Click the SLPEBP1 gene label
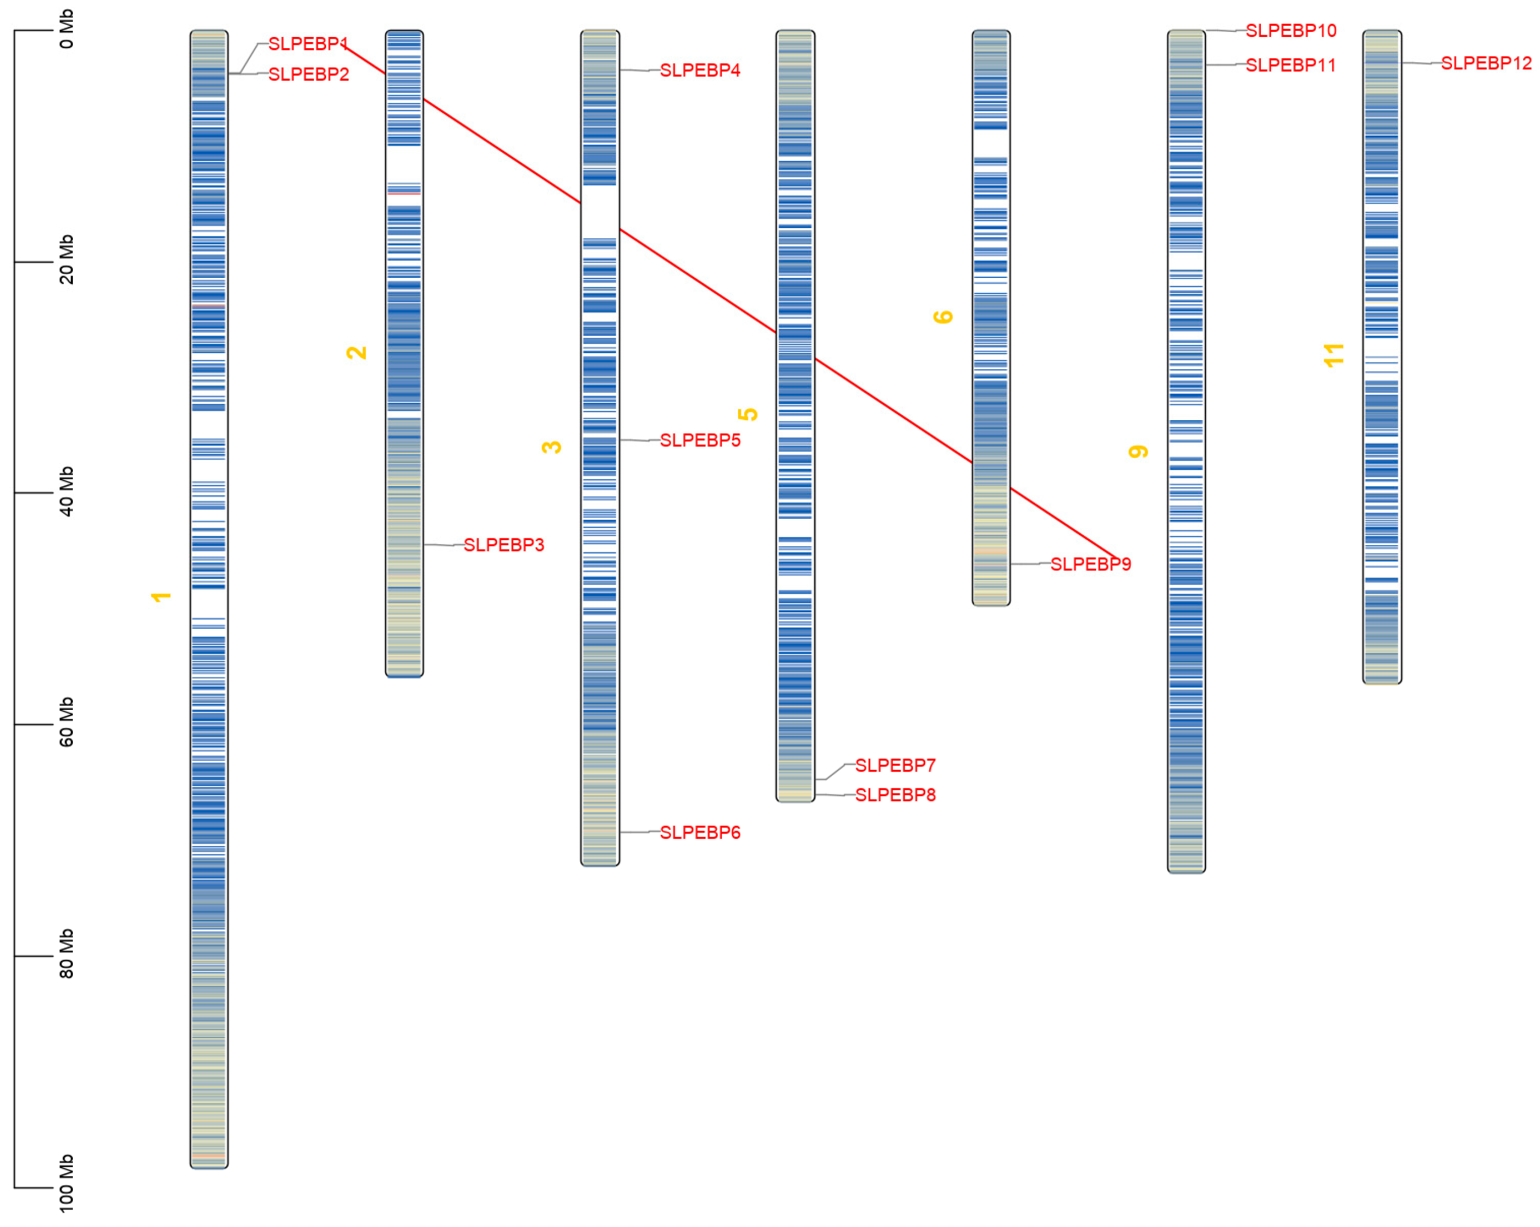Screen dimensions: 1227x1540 point(308,44)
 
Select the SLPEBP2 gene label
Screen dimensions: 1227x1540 point(309,75)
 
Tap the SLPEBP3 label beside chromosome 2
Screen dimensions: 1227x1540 point(504,545)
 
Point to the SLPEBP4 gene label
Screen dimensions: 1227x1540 point(700,71)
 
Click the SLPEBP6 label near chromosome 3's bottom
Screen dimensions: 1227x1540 point(700,833)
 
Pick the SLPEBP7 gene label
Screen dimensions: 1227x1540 point(895,766)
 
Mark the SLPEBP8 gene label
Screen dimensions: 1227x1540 point(895,795)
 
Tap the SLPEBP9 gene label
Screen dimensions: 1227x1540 point(1091,564)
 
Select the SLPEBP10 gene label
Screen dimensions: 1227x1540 point(1291,31)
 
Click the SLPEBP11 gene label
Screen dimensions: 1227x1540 point(1291,66)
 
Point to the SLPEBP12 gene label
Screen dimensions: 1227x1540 point(1486,63)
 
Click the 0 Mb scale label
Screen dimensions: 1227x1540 point(66,29)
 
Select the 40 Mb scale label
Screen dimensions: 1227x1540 point(66,491)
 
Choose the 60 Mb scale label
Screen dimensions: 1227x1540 point(66,722)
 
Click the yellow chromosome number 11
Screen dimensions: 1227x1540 point(1334,355)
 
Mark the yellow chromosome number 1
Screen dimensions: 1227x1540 point(161,597)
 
